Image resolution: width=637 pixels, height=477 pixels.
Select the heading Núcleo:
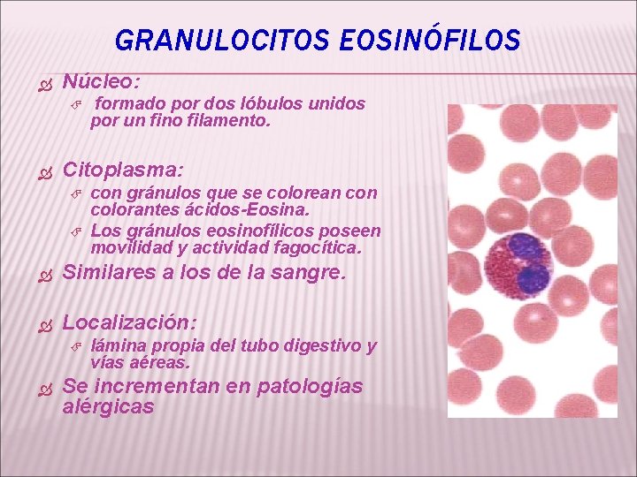click(x=101, y=81)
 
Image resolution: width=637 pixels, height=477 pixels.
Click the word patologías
click(x=311, y=386)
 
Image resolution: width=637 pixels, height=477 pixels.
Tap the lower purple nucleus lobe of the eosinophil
click(x=533, y=278)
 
